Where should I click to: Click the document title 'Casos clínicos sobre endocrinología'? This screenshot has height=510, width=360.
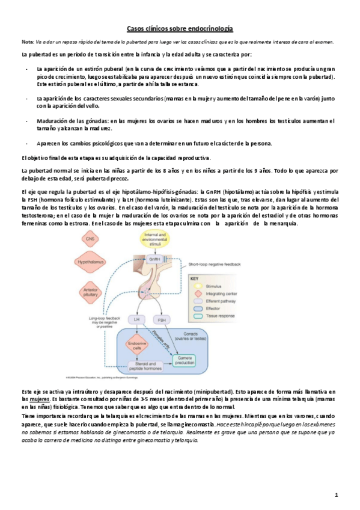(x=180, y=28)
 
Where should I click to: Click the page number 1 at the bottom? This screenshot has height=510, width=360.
(x=337, y=494)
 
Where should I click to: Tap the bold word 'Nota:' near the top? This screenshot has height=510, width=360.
(x=27, y=41)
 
